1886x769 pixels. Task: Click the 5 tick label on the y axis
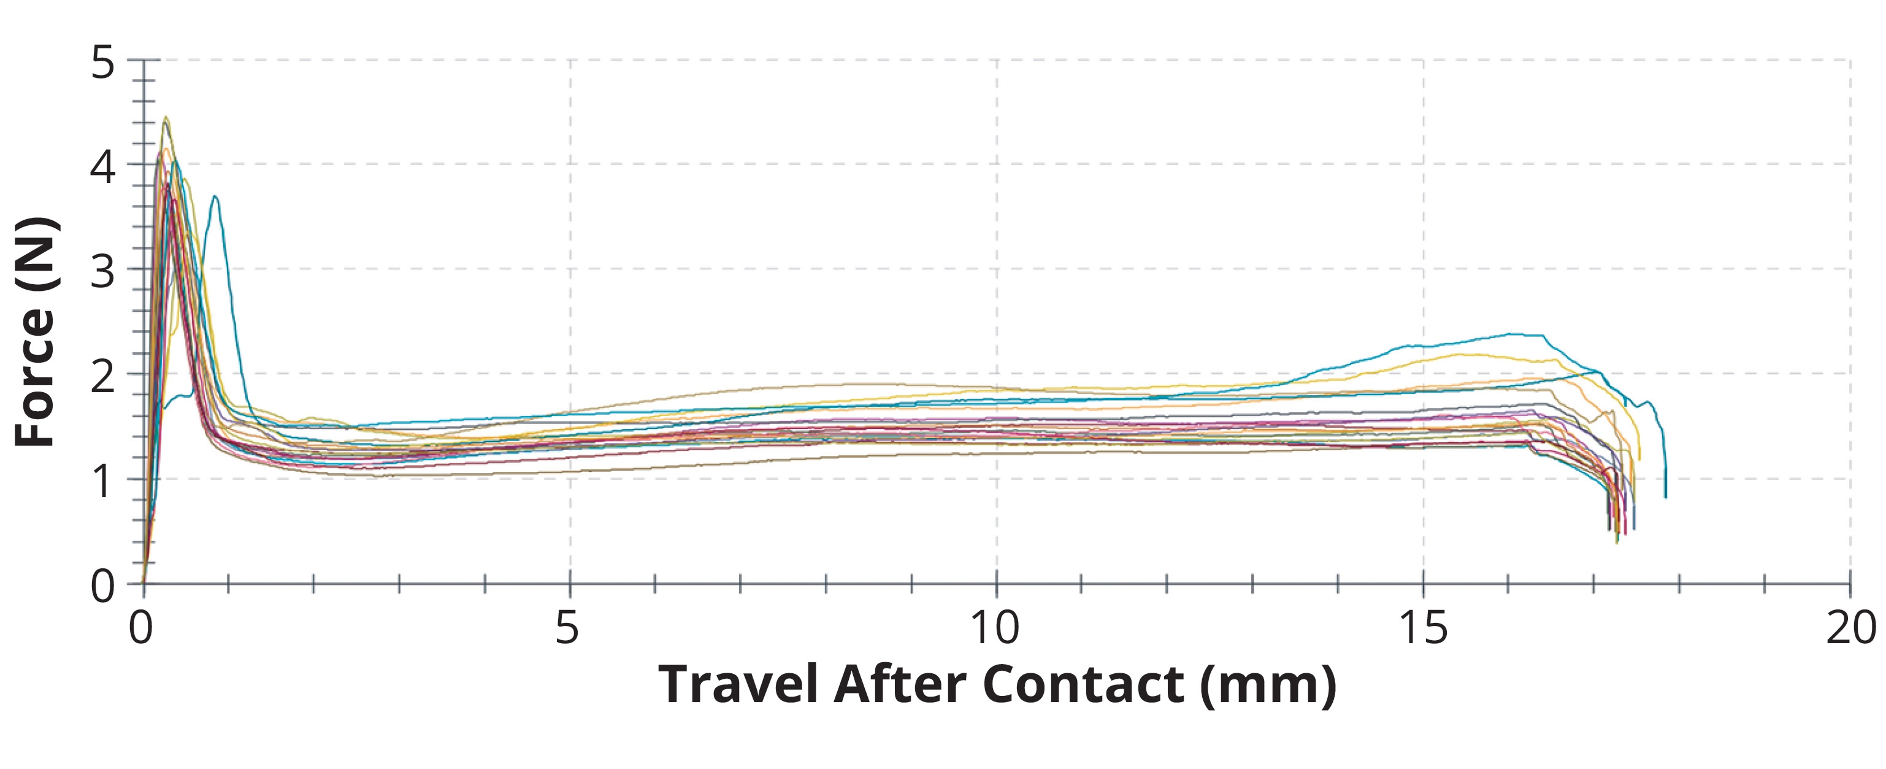pyautogui.click(x=103, y=63)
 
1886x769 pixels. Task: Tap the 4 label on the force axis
pyautogui.click(x=103, y=168)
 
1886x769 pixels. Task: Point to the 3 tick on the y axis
pyautogui.click(x=103, y=272)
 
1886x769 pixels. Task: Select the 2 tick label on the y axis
pyautogui.click(x=103, y=377)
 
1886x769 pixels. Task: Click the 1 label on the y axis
pyautogui.click(x=103, y=482)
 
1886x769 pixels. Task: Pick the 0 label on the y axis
pyautogui.click(x=103, y=587)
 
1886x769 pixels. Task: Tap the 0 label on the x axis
pyautogui.click(x=141, y=628)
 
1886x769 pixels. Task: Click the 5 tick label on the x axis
pyautogui.click(x=567, y=628)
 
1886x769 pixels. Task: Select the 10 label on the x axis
pyautogui.click(x=995, y=628)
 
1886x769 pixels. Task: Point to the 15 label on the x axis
pyautogui.click(x=1422, y=628)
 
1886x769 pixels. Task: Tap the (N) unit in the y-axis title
pyautogui.click(x=35, y=253)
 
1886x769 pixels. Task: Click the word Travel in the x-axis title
pyautogui.click(x=738, y=685)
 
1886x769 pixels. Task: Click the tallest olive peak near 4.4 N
pyautogui.click(x=166, y=117)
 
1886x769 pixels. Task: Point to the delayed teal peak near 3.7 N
pyautogui.click(x=215, y=196)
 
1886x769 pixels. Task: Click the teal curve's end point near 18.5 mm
pyautogui.click(x=1666, y=497)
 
